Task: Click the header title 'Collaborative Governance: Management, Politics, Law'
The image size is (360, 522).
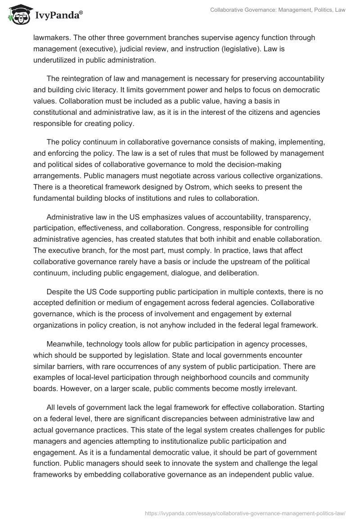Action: coord(278,10)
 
